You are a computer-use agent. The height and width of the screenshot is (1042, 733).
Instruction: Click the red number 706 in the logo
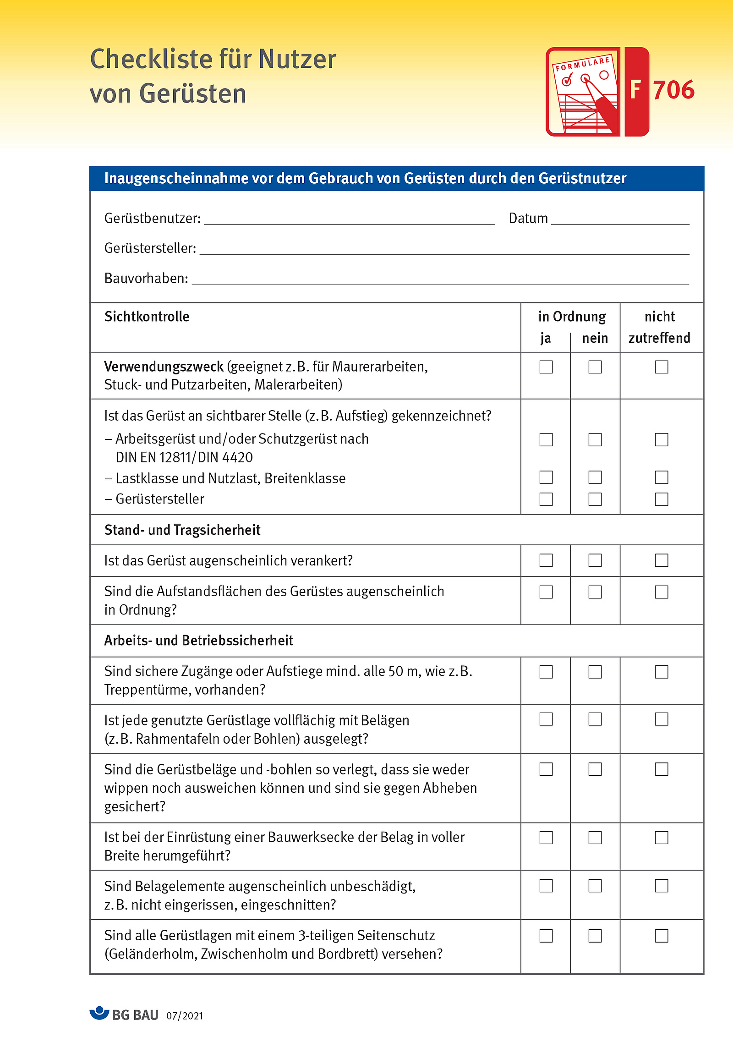point(673,90)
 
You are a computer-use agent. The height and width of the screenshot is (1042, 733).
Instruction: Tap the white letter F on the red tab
point(635,90)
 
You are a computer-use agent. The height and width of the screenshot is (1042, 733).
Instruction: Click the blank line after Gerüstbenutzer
point(349,219)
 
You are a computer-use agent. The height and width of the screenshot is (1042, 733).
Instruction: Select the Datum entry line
point(620,219)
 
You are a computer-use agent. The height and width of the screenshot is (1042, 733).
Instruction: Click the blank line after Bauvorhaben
point(440,279)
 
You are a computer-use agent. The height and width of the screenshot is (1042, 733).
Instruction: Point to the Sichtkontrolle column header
point(147,317)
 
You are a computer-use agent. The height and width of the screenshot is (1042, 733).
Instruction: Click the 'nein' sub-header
point(595,338)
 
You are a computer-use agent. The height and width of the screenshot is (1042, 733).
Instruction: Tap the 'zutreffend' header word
point(659,338)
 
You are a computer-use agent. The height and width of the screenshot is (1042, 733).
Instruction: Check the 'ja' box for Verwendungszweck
point(546,367)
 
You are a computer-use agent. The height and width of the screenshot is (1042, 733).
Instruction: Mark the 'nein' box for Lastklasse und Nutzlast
point(595,477)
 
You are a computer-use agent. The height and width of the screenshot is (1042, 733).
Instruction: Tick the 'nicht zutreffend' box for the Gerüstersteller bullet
point(662,499)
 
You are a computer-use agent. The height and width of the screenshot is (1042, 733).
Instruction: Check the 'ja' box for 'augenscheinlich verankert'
point(546,560)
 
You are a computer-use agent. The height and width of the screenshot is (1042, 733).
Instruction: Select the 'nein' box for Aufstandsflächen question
point(595,592)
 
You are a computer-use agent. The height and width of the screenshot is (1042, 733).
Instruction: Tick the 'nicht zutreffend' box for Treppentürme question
point(662,672)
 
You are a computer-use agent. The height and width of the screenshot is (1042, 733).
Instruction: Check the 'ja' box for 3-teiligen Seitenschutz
point(546,936)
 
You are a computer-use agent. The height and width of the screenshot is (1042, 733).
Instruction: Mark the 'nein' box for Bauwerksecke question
point(595,838)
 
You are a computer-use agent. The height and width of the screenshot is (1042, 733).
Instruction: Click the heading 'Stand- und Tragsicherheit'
point(182,530)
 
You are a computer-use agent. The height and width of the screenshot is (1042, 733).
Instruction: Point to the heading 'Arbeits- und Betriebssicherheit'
point(198,641)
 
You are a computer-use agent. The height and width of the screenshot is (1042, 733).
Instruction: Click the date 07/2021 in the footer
point(185,1016)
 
